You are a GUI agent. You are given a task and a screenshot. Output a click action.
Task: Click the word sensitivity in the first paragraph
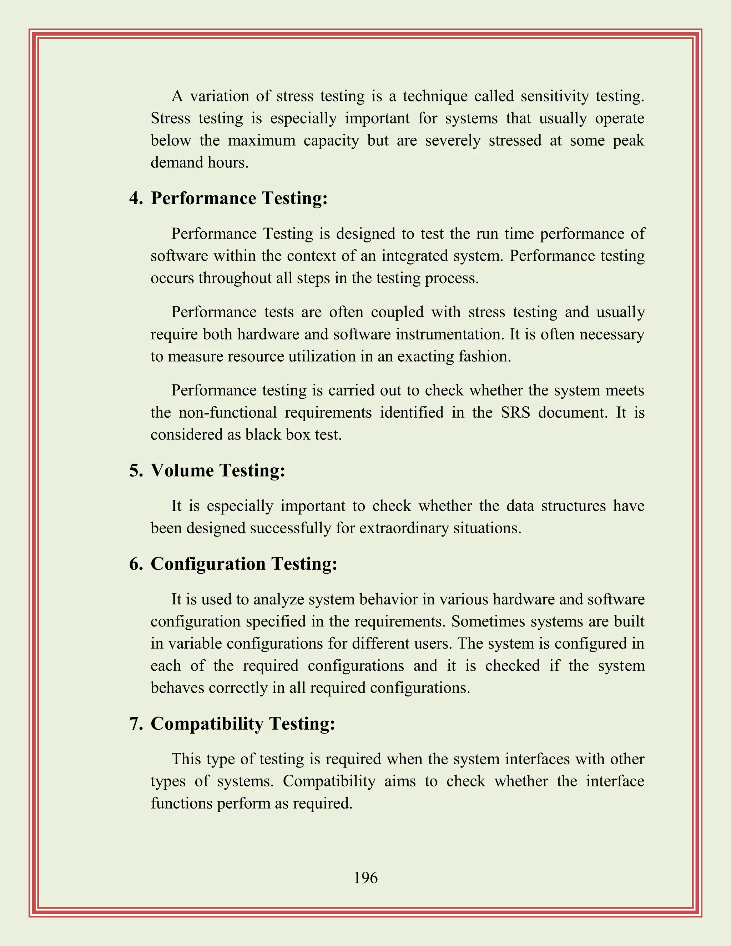tap(554, 96)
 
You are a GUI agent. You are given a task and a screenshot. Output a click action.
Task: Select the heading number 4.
tap(136, 198)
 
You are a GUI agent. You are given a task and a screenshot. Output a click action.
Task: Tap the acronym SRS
tap(515, 412)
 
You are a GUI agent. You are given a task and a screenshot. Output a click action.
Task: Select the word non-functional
tap(227, 412)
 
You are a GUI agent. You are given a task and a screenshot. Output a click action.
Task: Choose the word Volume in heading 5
tap(182, 471)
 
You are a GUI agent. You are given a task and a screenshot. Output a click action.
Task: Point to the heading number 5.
tap(136, 471)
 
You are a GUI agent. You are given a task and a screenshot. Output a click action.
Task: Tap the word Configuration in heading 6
tap(208, 564)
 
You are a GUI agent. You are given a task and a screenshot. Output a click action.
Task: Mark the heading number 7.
tap(136, 724)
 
